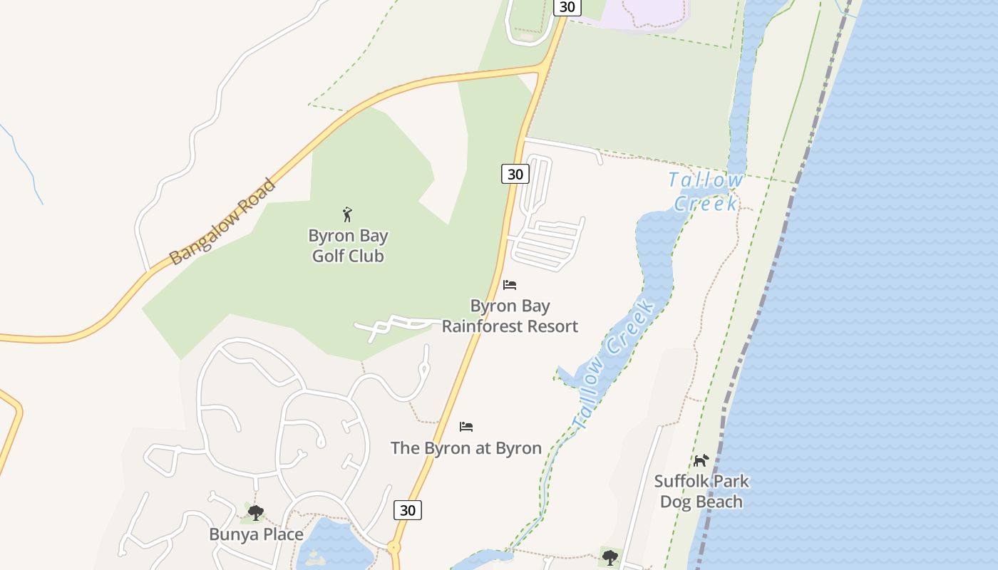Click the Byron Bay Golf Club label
pyautogui.click(x=348, y=246)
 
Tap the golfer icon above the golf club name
pyautogui.click(x=347, y=214)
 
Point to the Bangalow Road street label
pyautogui.click(x=222, y=222)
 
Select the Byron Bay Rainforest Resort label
pyautogui.click(x=509, y=316)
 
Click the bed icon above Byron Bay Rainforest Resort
pyautogui.click(x=509, y=285)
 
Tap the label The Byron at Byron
pyautogui.click(x=465, y=448)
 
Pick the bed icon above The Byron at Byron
pyautogui.click(x=466, y=427)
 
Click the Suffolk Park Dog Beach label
pyautogui.click(x=701, y=491)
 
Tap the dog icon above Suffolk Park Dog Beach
pyautogui.click(x=701, y=460)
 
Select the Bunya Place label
pyautogui.click(x=256, y=534)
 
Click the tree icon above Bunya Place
pyautogui.click(x=255, y=512)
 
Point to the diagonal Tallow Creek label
pyautogui.click(x=613, y=366)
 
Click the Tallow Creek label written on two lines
pyautogui.click(x=706, y=192)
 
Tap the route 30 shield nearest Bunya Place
pyautogui.click(x=407, y=510)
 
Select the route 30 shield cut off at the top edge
pyautogui.click(x=567, y=7)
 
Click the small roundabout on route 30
pyautogui.click(x=394, y=548)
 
